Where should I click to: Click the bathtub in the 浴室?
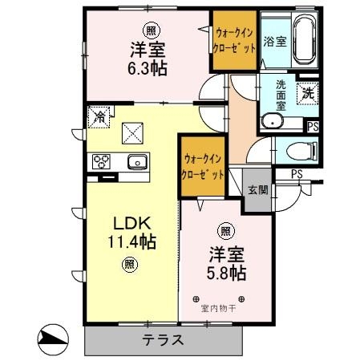click(305, 39)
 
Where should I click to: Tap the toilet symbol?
click(302, 152)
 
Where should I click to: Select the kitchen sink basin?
click(137, 162)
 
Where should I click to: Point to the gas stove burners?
click(101, 161)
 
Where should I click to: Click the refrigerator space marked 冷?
click(99, 117)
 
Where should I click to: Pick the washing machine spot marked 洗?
click(308, 93)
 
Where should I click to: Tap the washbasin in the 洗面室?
click(272, 121)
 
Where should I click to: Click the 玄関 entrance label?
click(258, 190)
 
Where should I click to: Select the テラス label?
click(163, 340)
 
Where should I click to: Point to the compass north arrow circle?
click(53, 339)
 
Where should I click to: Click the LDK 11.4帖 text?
click(132, 233)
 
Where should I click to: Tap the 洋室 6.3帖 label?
click(148, 59)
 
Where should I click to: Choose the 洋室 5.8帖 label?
click(226, 264)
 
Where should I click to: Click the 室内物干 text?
click(218, 309)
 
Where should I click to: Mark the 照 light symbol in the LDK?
click(130, 265)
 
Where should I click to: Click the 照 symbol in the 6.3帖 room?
click(152, 31)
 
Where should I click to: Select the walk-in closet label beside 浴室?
click(234, 41)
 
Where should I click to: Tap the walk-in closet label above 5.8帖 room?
click(203, 168)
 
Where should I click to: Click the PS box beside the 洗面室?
click(313, 126)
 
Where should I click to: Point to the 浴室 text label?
click(275, 42)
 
